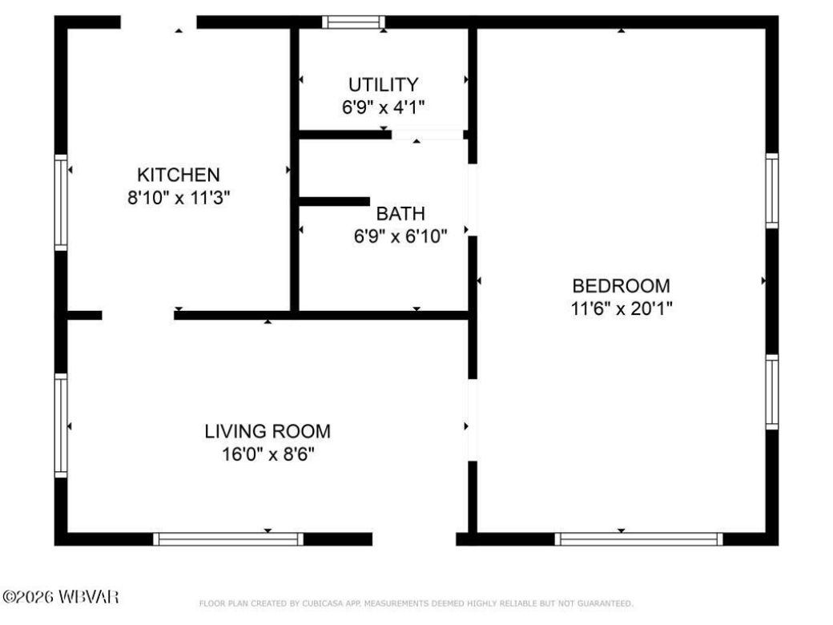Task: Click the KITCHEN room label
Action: (x=178, y=175)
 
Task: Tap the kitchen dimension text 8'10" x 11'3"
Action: (x=178, y=197)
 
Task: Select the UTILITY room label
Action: (x=383, y=84)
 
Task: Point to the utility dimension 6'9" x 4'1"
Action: (x=383, y=107)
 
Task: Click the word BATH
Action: (x=400, y=214)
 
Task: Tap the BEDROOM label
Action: (x=621, y=285)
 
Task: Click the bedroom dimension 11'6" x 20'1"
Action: (x=621, y=308)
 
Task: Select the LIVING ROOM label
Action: (x=268, y=431)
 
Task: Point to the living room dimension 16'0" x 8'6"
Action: (x=268, y=454)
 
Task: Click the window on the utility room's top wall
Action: (x=353, y=22)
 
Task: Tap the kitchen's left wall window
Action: (x=61, y=202)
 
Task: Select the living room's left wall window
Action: (x=61, y=425)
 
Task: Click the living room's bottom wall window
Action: (x=228, y=538)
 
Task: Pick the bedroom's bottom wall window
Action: (x=638, y=538)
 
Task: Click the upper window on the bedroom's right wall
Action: (x=771, y=191)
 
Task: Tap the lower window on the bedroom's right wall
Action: (x=771, y=392)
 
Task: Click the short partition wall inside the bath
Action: (x=334, y=202)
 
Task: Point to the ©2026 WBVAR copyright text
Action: (x=61, y=597)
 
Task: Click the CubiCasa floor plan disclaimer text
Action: (x=416, y=603)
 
